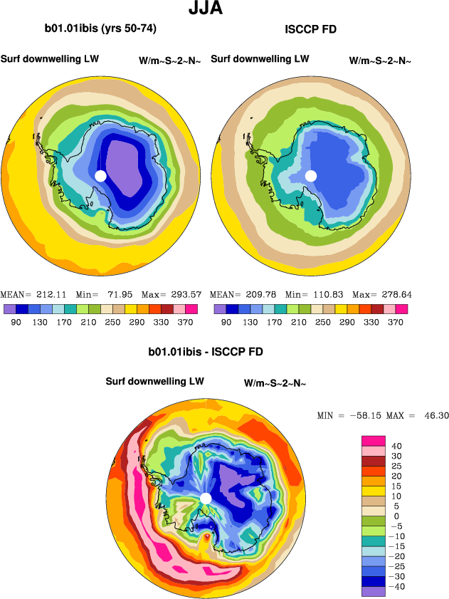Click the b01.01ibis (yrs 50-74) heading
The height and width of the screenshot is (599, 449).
tap(100, 29)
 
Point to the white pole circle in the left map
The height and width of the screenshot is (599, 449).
tap(100, 175)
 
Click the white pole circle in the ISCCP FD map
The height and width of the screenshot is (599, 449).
tap(311, 175)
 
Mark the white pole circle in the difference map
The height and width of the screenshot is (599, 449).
tap(206, 498)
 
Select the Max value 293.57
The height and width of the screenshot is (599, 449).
tap(183, 294)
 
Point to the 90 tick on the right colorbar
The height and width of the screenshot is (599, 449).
tap(226, 323)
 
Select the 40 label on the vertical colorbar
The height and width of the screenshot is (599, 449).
tap(397, 446)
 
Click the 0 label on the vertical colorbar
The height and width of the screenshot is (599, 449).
tap(397, 516)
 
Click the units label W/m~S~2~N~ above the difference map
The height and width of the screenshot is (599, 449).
tap(275, 383)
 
